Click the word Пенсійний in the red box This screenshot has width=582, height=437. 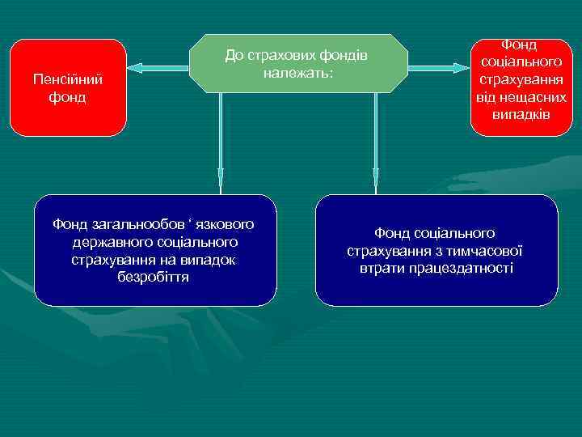pos(68,79)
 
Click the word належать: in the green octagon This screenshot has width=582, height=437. pos(298,72)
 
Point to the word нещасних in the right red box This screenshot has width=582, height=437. pos(534,97)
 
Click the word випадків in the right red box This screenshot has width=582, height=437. pos(521,114)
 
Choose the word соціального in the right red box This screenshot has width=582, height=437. pos(521,62)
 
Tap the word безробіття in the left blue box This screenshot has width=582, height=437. pos(154,277)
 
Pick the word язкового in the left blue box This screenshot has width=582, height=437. pos(221,223)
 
